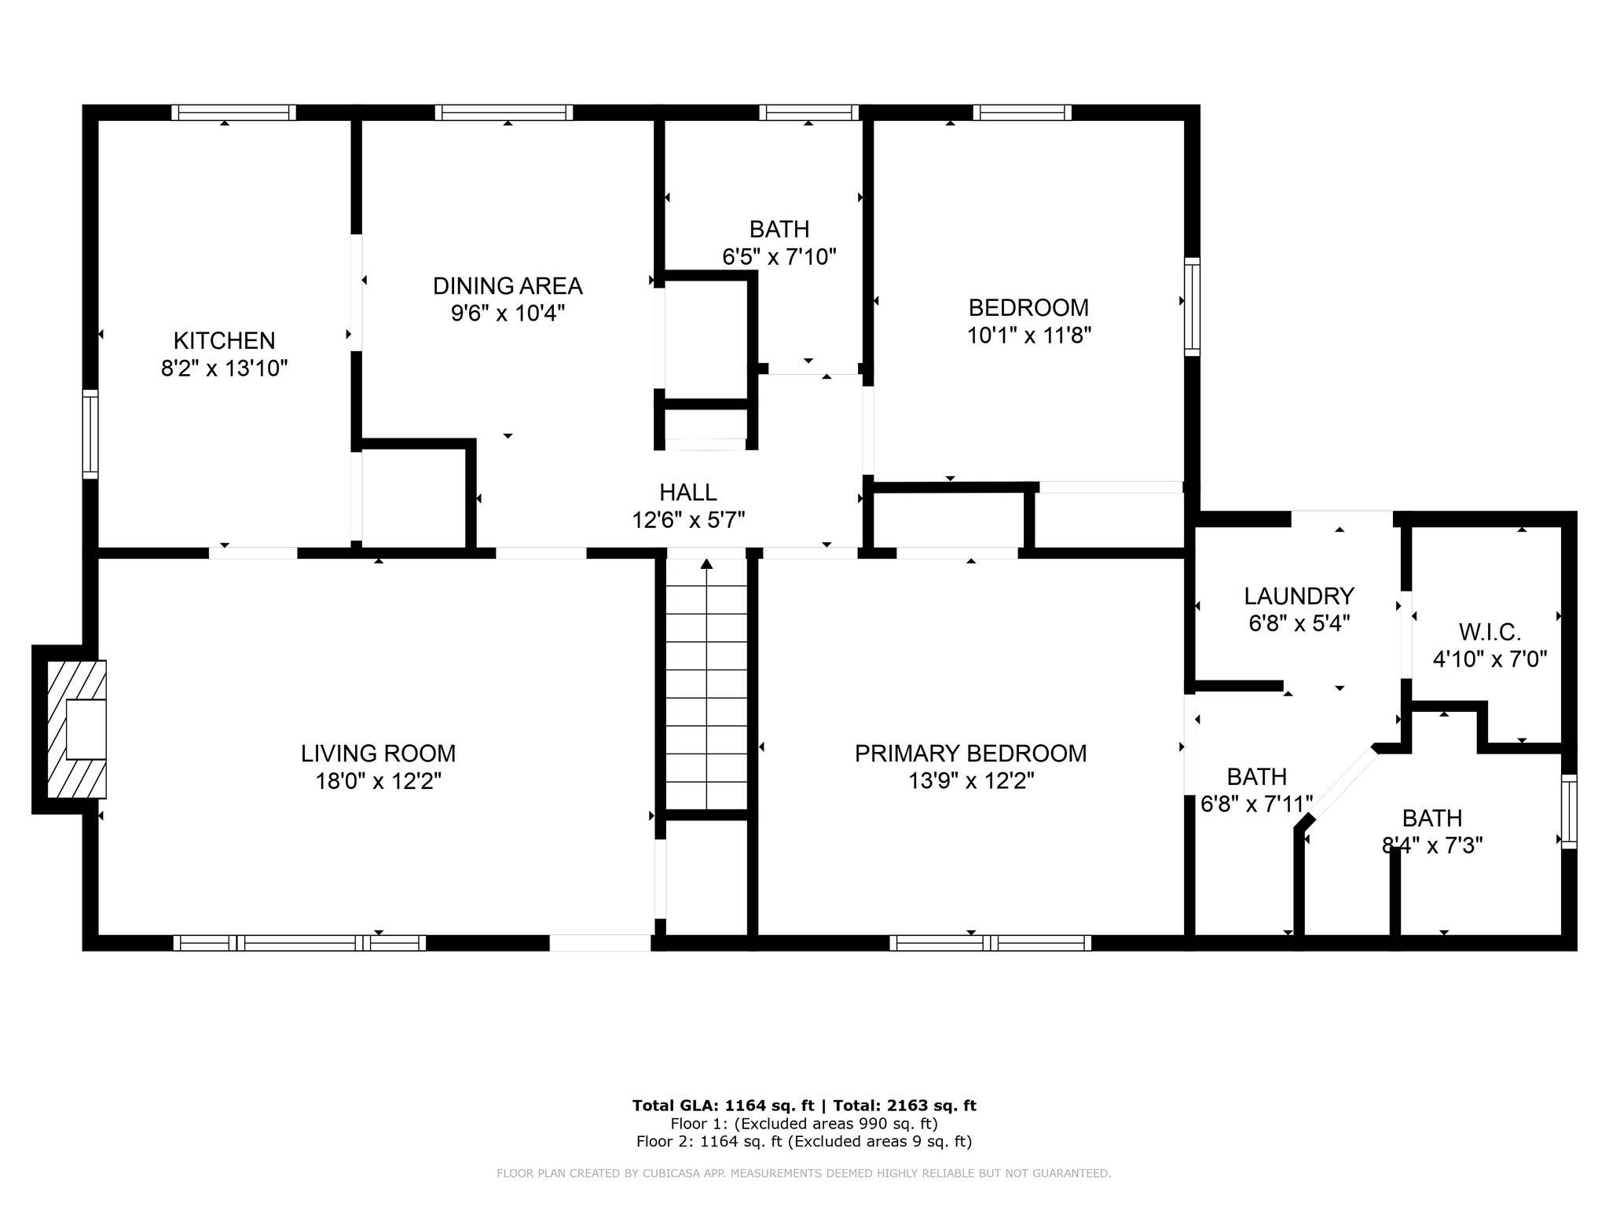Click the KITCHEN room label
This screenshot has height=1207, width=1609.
tap(224, 340)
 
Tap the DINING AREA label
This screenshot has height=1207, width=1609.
tap(508, 285)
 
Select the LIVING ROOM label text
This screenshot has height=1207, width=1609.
tap(378, 753)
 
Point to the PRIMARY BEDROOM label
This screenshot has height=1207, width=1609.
tap(970, 753)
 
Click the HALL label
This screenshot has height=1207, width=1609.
tap(687, 492)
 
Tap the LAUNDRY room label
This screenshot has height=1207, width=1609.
tap(1299, 596)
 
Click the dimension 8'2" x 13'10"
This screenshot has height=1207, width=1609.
tap(225, 368)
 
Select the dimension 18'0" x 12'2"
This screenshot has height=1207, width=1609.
tap(378, 781)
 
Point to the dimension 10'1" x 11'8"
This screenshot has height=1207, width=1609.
tap(1029, 335)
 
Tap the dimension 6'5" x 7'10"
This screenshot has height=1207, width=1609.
tap(779, 256)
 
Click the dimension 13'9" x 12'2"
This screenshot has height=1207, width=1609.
tap(970, 781)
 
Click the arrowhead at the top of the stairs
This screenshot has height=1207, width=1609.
tap(706, 563)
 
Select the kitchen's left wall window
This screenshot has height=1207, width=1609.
tap(90, 434)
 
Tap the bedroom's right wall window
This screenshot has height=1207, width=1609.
tap(1192, 306)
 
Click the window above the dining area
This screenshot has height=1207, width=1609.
tap(504, 112)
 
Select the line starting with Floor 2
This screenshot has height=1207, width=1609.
tap(804, 1141)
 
